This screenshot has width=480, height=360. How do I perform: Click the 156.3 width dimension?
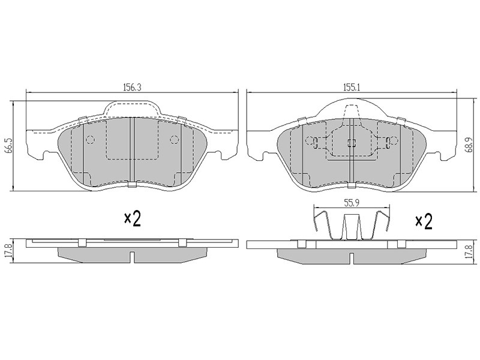132,87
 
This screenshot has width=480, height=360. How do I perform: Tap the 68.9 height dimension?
470,145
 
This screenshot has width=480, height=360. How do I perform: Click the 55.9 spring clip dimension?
352,202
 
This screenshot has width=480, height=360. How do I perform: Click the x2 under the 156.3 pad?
132,219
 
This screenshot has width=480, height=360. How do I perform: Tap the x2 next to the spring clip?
424,222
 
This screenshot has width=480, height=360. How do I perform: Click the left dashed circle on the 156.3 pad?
90,140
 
